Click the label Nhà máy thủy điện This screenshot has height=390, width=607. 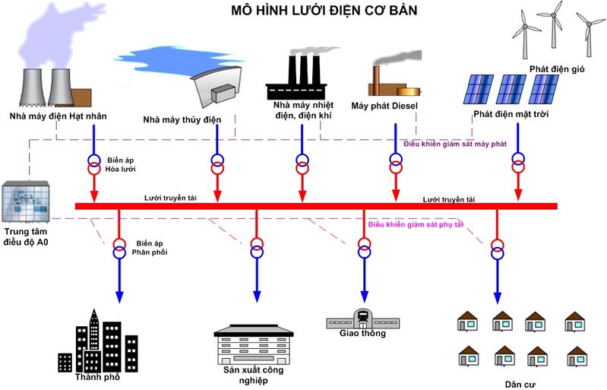pyautogui.click(x=182, y=120)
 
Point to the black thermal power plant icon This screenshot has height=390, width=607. pyautogui.click(x=302, y=76)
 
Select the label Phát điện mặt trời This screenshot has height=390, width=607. pyautogui.click(x=511, y=114)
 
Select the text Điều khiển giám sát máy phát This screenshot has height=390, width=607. pyautogui.click(x=454, y=144)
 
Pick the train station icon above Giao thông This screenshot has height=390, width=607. pyautogui.click(x=362, y=318)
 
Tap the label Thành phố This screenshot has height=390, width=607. pyautogui.click(x=96, y=376)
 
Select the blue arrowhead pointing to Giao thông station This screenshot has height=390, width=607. pyautogui.click(x=364, y=297)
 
